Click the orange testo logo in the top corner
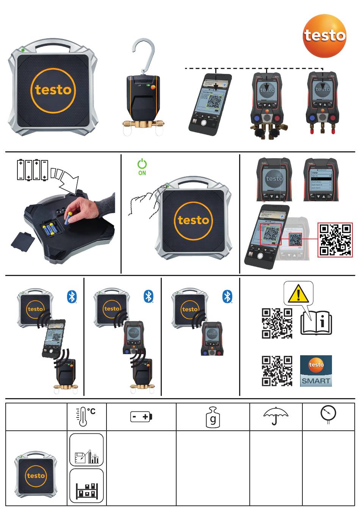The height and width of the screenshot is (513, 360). pyautogui.click(x=324, y=36)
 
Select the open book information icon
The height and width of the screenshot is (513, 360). pyautogui.click(x=316, y=323)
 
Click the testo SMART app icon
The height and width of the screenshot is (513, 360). pyautogui.click(x=316, y=371)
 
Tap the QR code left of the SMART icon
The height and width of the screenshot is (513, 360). pyautogui.click(x=277, y=371)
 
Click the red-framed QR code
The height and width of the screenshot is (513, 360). pyautogui.click(x=335, y=240)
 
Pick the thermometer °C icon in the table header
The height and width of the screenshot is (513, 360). pyautogui.click(x=86, y=417)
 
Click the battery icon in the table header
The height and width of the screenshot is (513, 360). pyautogui.click(x=141, y=417)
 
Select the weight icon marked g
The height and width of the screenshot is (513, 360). pyautogui.click(x=213, y=417)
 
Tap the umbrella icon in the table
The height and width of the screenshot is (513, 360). pyautogui.click(x=275, y=416)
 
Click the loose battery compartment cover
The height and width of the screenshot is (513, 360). pyautogui.click(x=23, y=240)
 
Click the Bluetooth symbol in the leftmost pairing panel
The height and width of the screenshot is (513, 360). pyautogui.click(x=72, y=297)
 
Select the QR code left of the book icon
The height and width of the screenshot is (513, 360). pyautogui.click(x=277, y=323)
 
